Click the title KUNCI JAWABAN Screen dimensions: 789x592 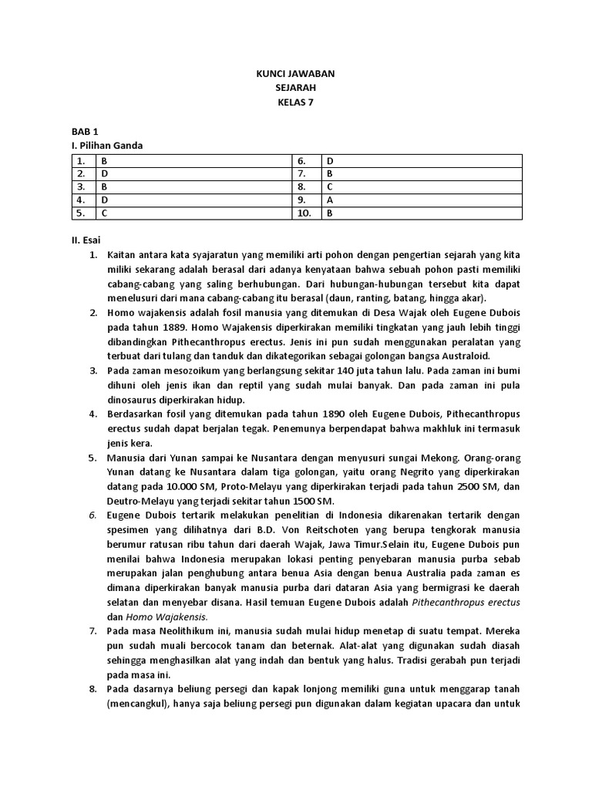coord(296,74)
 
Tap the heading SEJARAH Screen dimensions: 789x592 coord(296,89)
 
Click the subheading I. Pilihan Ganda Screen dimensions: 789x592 coord(107,146)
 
